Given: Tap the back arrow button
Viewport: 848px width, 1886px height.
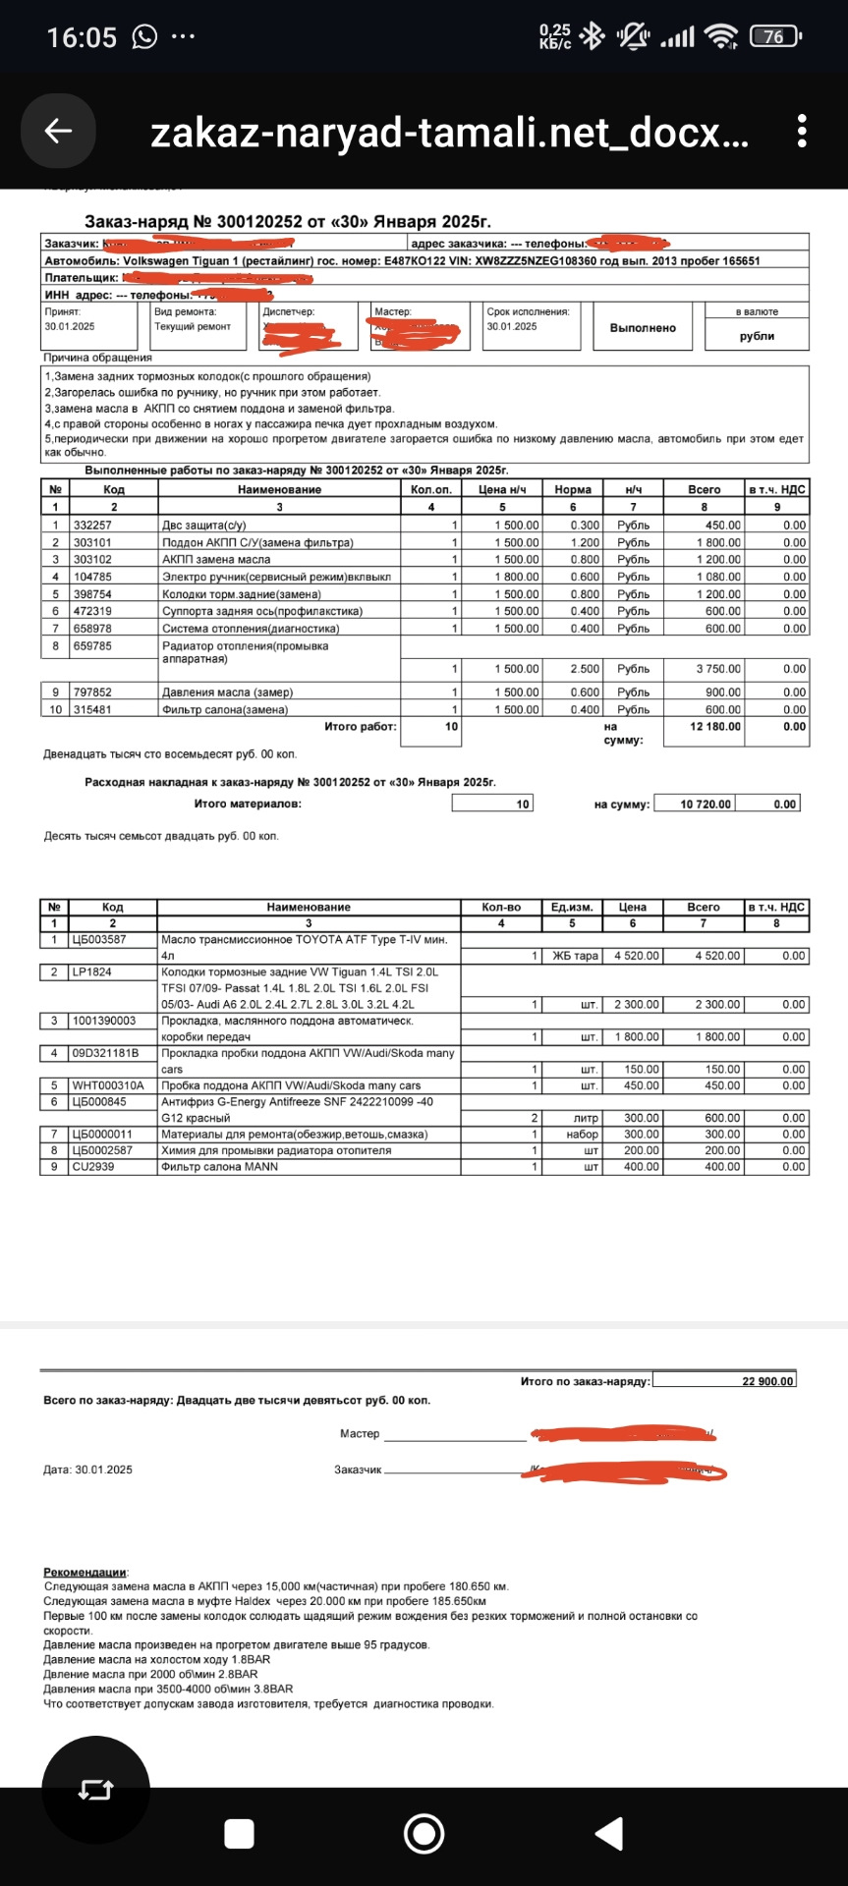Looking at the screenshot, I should click(58, 131).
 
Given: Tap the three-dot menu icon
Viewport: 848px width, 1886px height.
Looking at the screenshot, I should click(802, 131).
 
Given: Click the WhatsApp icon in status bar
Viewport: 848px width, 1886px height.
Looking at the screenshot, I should click(144, 37).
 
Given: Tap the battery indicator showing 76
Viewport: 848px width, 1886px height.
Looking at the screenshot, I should click(774, 37).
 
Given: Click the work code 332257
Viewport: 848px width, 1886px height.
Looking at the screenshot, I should click(92, 526).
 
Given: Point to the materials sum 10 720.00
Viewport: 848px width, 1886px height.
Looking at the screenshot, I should click(706, 804).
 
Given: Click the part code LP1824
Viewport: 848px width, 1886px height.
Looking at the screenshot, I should click(91, 972).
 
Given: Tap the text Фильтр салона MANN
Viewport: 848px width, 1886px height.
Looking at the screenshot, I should click(219, 1167).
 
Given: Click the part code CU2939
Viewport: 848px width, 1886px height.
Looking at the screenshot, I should click(91, 1167).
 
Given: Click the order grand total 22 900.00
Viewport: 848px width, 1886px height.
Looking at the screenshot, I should click(766, 1381).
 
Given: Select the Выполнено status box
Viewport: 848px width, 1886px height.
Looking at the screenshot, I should click(643, 328).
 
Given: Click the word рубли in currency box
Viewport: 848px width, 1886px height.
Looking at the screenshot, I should click(757, 336).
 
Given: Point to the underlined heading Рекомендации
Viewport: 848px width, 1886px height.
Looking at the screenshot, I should click(85, 1573).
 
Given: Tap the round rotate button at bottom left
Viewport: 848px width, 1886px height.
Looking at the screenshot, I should click(95, 1790).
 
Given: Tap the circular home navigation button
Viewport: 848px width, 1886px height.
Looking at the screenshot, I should click(424, 1834).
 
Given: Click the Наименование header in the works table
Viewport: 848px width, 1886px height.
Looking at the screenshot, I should click(279, 489).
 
